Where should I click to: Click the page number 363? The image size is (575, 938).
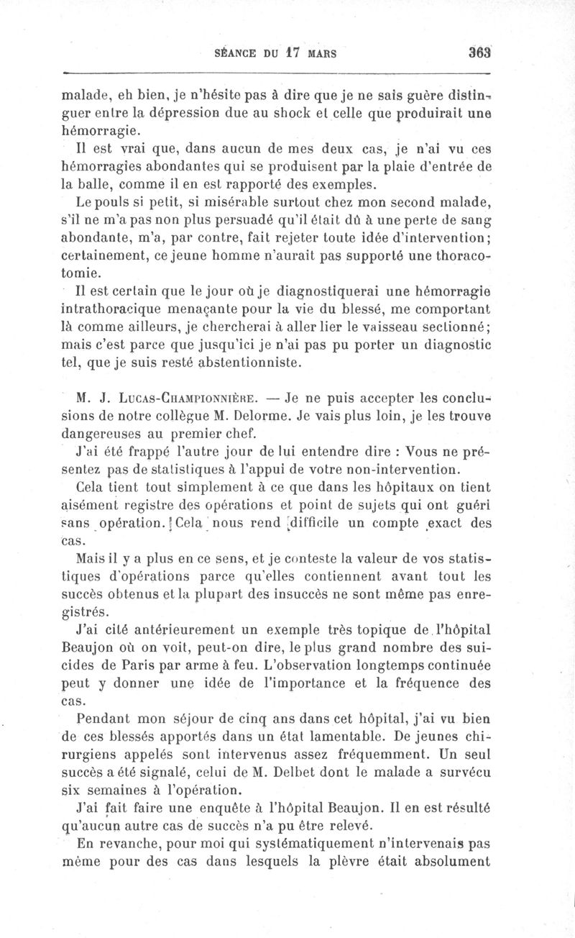[x=479, y=53]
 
